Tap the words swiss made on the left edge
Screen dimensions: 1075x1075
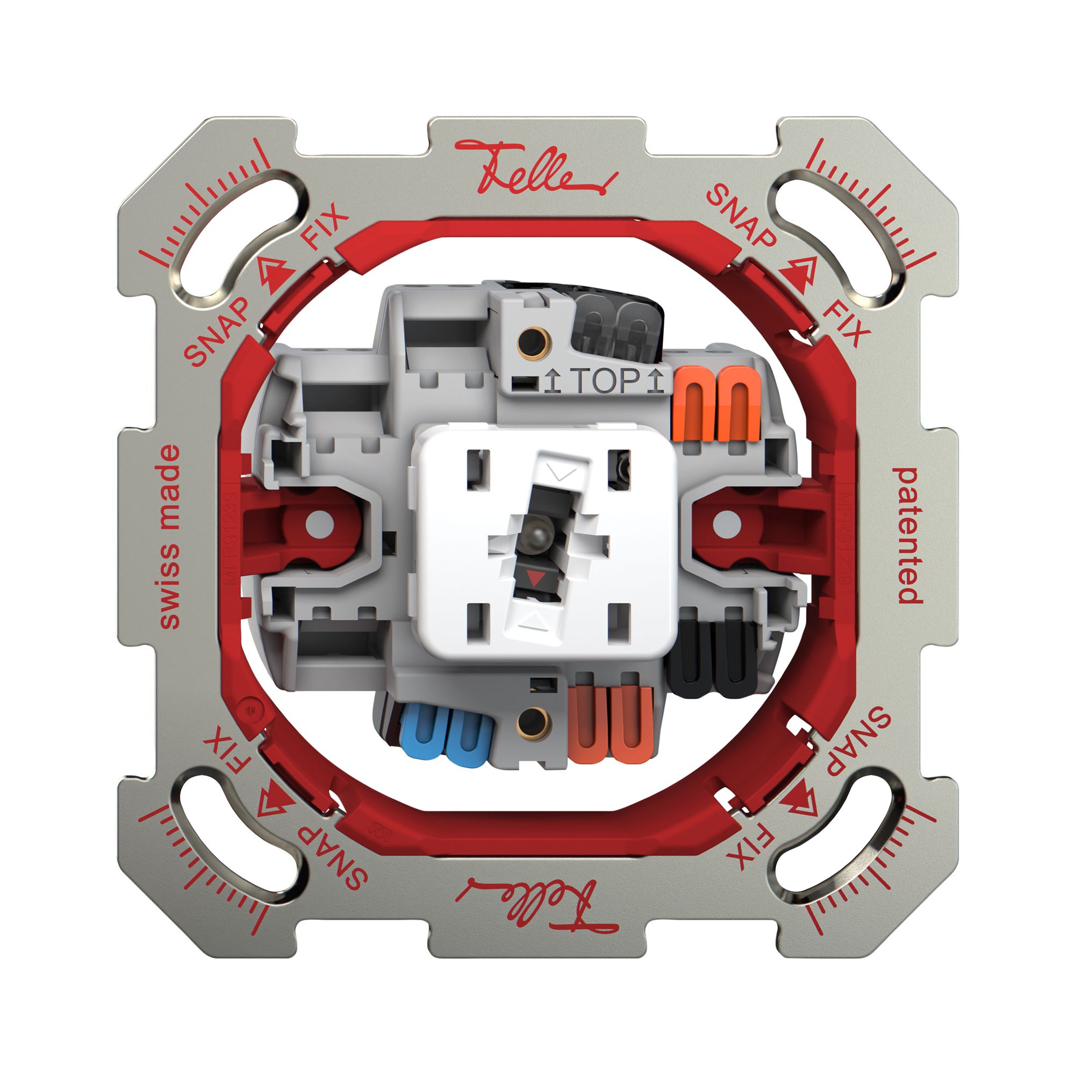pyautogui.click(x=169, y=537)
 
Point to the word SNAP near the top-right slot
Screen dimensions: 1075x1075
pyautogui.click(x=741, y=217)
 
